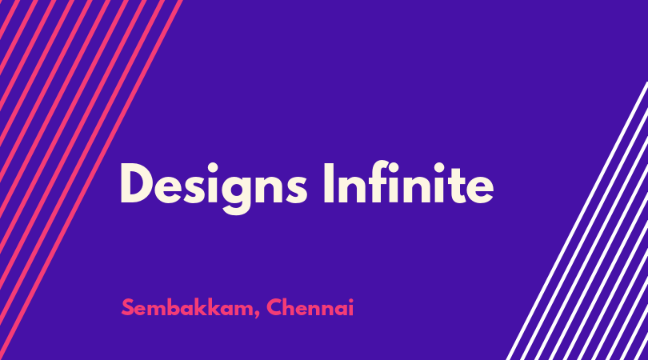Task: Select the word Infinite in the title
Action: click(x=409, y=182)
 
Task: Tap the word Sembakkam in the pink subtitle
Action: click(x=187, y=307)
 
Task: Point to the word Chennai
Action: click(x=310, y=307)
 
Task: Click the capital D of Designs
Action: click(x=138, y=183)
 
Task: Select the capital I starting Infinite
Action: click(x=329, y=183)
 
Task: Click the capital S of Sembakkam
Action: click(x=128, y=307)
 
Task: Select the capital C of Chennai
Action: click(x=274, y=307)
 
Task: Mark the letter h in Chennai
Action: click(x=291, y=306)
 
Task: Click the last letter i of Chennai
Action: click(x=351, y=307)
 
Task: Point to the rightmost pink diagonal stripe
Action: click(x=91, y=180)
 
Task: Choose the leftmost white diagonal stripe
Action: click(x=577, y=221)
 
